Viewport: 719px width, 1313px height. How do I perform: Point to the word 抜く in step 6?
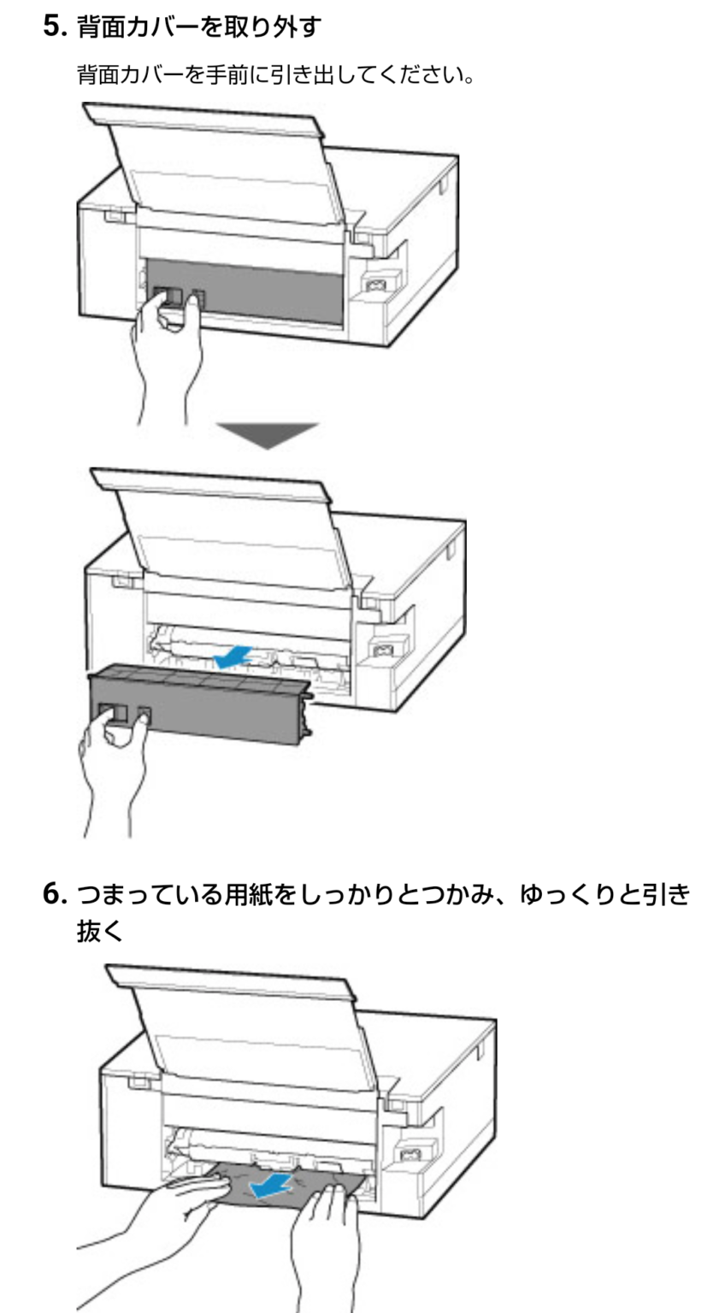point(101,932)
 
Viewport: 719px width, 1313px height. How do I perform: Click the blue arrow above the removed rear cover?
point(233,656)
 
